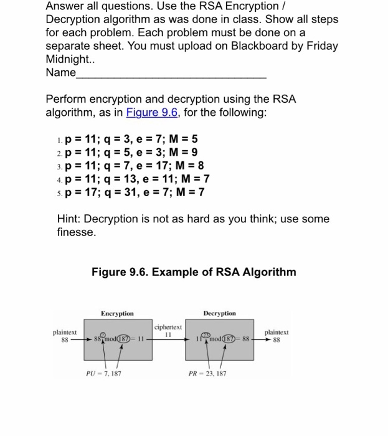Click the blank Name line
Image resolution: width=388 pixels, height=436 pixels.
(x=171, y=73)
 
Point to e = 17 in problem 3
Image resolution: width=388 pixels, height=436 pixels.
(x=153, y=166)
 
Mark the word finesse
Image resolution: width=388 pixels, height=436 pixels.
(x=72, y=232)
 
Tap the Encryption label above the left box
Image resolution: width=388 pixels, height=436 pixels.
(x=117, y=313)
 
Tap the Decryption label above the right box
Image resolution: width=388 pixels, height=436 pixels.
(x=219, y=313)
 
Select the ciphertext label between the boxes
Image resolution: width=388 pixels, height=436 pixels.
(x=168, y=327)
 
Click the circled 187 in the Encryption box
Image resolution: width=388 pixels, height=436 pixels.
(x=126, y=340)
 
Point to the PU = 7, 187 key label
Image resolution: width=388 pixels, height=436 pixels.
(x=103, y=374)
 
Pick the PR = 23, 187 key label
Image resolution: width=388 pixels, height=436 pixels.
(x=207, y=374)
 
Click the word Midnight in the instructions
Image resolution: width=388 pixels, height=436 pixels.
(x=70, y=60)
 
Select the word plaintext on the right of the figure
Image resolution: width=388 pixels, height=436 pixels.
(x=277, y=333)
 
